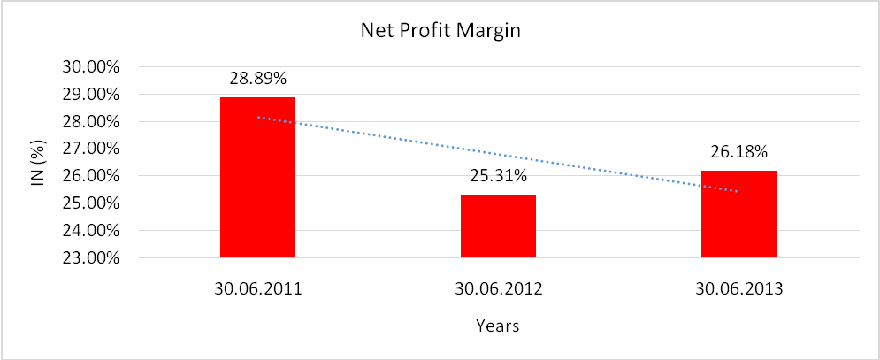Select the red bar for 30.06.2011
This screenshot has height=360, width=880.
257,177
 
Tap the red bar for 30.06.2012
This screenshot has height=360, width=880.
498,226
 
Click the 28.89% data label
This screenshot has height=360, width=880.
257,79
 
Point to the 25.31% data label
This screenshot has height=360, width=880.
498,176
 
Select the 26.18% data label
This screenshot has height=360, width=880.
738,152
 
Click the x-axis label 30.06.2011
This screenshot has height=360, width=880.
257,287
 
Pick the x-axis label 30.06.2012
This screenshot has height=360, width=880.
498,287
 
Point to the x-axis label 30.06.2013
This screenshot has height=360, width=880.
738,287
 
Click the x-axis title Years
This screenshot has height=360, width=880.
497,326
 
